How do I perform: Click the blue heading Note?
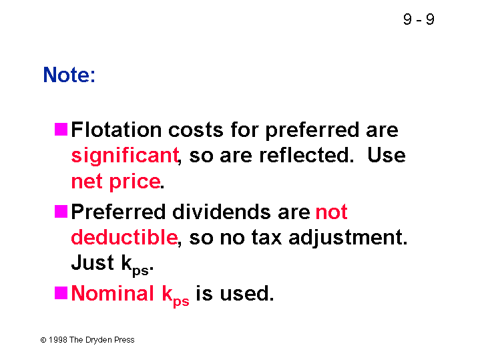point(69,74)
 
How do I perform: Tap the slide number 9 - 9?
point(419,19)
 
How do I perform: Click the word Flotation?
point(116,130)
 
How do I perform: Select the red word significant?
point(125,156)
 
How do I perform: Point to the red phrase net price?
point(115,182)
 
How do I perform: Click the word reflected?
point(304,155)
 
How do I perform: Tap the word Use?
point(387,155)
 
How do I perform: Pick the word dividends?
point(222,212)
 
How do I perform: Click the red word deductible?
point(124,237)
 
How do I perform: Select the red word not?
point(332,212)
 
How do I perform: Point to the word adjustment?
point(348,238)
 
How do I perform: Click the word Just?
point(92,262)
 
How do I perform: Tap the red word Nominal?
point(112,293)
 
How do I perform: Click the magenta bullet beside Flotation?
point(61,130)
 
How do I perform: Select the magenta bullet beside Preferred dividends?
point(61,212)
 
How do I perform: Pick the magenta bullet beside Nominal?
point(61,293)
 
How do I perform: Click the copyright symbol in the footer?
point(43,340)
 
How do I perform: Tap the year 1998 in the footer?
point(58,340)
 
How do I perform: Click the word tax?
point(266,238)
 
